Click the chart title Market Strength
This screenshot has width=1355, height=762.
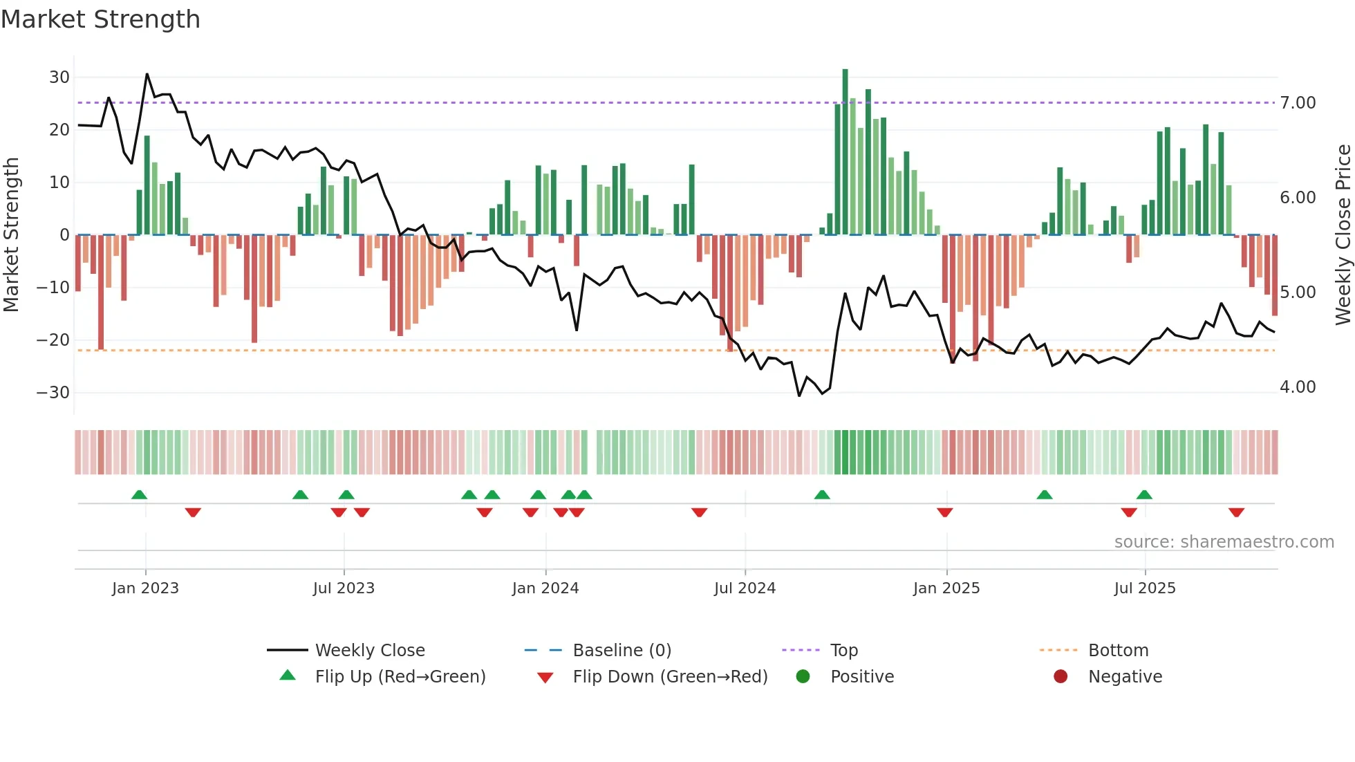pyautogui.click(x=100, y=19)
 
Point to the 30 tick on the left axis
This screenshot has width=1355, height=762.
pyautogui.click(x=59, y=77)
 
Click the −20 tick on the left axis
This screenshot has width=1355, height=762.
pyautogui.click(x=53, y=340)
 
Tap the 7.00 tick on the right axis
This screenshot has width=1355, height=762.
pyautogui.click(x=1298, y=103)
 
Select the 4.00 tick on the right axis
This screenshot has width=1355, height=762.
pyautogui.click(x=1298, y=387)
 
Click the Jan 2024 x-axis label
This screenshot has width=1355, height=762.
pyautogui.click(x=545, y=588)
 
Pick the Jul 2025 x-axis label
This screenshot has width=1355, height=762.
pyautogui.click(x=1144, y=588)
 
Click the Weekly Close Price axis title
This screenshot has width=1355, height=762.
pyautogui.click(x=1343, y=235)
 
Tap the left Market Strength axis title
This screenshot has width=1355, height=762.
pyautogui.click(x=11, y=235)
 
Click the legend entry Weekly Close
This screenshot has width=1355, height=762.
pyautogui.click(x=369, y=651)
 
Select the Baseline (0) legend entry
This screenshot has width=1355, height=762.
pyautogui.click(x=622, y=651)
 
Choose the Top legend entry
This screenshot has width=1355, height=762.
pyautogui.click(x=843, y=651)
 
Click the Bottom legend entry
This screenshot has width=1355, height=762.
pyautogui.click(x=1118, y=651)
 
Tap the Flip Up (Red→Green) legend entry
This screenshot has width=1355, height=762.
pyautogui.click(x=400, y=677)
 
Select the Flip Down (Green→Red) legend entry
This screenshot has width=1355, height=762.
pyautogui.click(x=669, y=677)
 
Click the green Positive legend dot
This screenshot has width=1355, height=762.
pyautogui.click(x=803, y=677)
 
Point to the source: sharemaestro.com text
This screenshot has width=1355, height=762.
pyautogui.click(x=1224, y=542)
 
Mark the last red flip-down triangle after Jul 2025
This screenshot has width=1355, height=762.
pyautogui.click(x=1236, y=512)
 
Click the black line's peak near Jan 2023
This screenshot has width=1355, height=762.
pyautogui.click(x=147, y=74)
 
